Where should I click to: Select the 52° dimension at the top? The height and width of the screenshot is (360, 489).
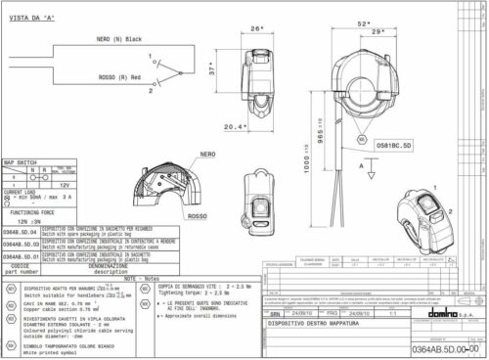point(365,22)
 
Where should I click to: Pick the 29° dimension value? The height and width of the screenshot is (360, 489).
point(376,33)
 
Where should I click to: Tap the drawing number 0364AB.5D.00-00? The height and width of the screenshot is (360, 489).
point(442,347)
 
